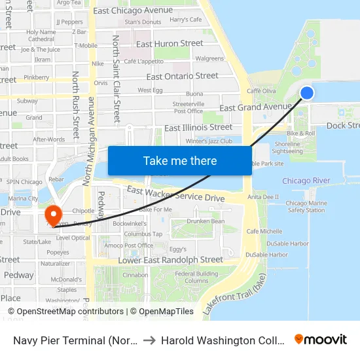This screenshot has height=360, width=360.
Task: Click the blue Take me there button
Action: click(180, 160)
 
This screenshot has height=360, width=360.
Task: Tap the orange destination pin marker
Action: click(52, 215)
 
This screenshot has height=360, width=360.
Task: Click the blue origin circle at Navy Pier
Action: click(306, 93)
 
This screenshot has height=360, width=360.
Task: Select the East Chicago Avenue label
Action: click(133, 10)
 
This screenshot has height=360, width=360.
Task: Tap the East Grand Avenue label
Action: click(256, 107)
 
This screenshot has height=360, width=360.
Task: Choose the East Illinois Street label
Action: click(198, 127)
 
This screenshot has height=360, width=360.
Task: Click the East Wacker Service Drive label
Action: click(175, 194)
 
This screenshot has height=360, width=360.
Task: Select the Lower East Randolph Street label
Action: click(170, 260)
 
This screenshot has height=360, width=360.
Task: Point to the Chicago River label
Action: click(306, 181)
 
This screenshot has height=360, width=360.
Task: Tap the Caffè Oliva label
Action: click(261, 91)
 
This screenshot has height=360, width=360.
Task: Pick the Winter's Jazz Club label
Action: click(209, 141)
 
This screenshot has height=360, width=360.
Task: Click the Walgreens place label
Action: click(209, 59)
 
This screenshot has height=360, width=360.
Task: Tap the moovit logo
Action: click(320, 339)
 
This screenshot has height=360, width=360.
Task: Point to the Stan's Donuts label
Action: click(143, 22)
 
